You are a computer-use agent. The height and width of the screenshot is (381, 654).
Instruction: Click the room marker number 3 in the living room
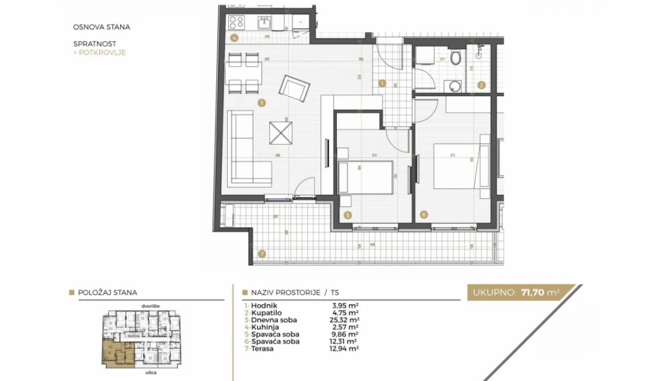(x=262, y=102)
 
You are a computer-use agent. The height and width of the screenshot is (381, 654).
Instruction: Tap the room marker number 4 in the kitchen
(x=234, y=38)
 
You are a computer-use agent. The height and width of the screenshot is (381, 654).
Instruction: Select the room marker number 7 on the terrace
(x=262, y=254)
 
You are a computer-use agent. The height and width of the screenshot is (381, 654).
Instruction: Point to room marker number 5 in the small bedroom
(x=348, y=215)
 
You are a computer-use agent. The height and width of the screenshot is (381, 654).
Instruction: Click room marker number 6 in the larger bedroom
(x=424, y=215)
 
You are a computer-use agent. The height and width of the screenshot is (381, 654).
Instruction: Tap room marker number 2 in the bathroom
(x=481, y=85)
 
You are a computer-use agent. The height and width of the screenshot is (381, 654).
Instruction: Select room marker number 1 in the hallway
(x=381, y=84)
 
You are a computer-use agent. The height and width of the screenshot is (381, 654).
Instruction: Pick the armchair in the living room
(x=295, y=88)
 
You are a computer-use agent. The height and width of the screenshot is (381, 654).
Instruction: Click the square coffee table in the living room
(x=283, y=132)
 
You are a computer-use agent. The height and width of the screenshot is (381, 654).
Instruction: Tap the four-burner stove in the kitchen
(x=237, y=22)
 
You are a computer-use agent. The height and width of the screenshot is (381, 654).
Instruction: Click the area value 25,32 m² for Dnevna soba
(x=342, y=320)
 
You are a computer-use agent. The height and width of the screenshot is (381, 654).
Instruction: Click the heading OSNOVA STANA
(x=101, y=26)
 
